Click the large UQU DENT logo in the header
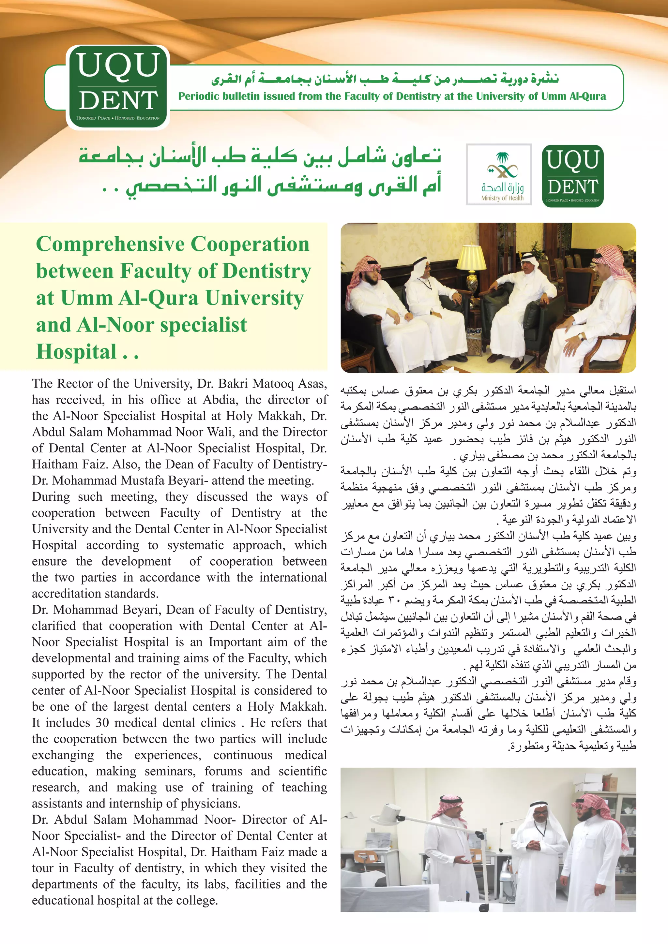118,87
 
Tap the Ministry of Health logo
498,174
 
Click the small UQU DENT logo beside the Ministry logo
572,176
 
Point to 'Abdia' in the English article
220,400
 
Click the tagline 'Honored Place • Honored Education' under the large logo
118,118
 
